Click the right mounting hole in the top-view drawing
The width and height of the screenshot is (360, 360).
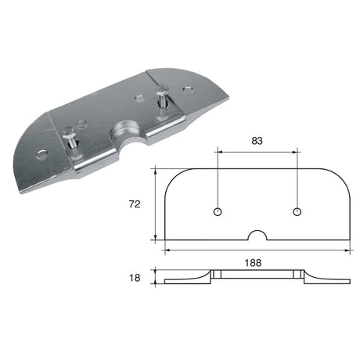(297, 212)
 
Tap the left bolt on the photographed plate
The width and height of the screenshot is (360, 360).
(70, 140)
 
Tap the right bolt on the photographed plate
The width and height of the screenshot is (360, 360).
(162, 98)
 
